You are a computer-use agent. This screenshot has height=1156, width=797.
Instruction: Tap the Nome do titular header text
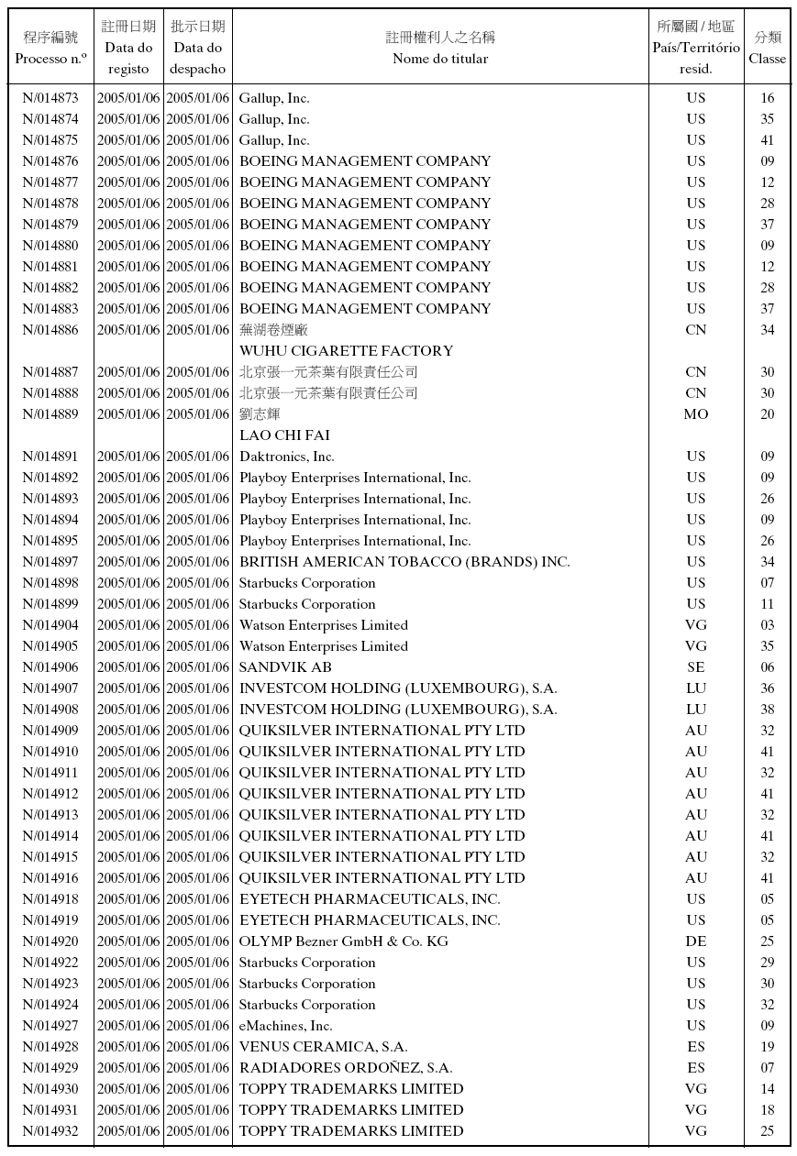tap(440, 59)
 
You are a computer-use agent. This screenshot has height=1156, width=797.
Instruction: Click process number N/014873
tap(50, 98)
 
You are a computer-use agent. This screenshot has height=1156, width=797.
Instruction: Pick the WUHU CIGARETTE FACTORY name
tap(346, 351)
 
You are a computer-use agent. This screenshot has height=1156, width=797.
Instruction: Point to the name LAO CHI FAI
tap(284, 435)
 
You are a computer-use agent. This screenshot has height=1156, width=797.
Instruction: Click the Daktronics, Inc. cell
tap(286, 457)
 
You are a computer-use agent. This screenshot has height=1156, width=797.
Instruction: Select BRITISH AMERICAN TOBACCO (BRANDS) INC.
tap(404, 562)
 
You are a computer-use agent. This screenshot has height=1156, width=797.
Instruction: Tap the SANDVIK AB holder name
tap(285, 667)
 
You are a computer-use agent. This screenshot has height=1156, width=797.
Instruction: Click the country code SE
tap(696, 667)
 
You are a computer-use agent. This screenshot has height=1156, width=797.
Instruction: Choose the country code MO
tap(696, 414)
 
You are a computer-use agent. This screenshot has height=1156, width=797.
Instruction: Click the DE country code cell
tap(696, 941)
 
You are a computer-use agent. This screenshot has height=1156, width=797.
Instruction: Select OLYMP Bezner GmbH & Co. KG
tap(343, 941)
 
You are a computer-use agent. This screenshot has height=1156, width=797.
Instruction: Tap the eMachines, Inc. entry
tap(285, 1026)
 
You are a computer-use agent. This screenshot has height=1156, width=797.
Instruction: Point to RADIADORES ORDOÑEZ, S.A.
tap(346, 1068)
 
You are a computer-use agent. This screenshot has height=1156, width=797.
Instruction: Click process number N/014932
tap(50, 1131)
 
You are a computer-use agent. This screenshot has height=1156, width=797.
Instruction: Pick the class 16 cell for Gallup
tap(767, 98)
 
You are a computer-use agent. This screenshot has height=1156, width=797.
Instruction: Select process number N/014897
tap(50, 562)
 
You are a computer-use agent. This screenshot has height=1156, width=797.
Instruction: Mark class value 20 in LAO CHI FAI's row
tap(767, 414)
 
